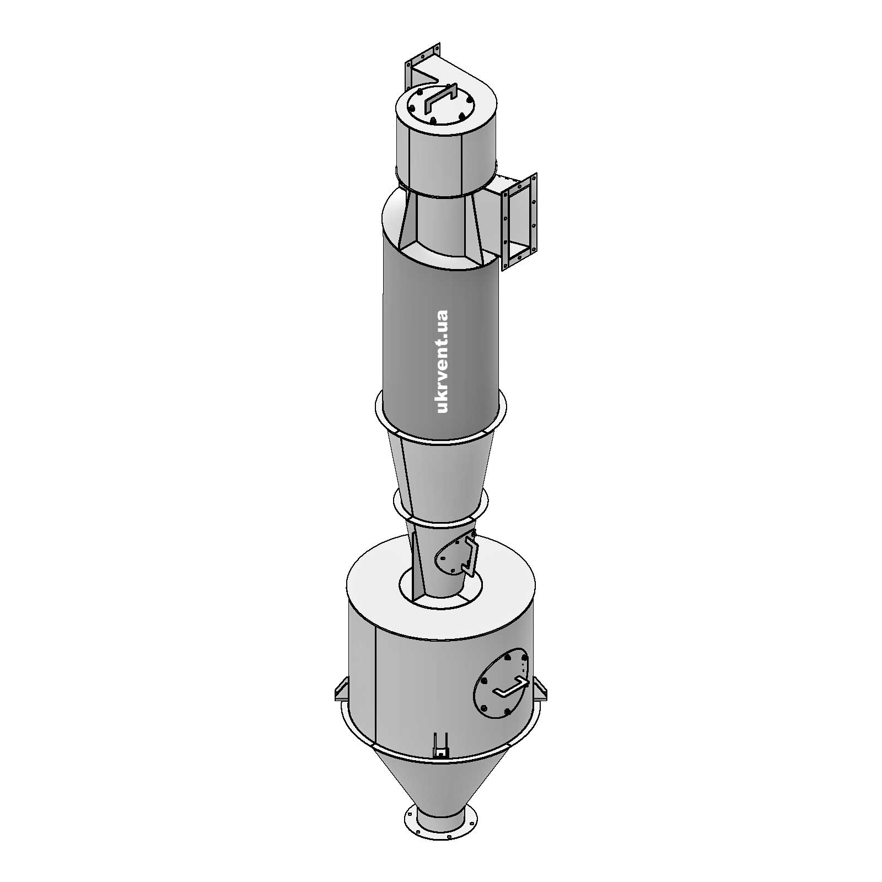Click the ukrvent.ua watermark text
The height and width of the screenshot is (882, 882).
coord(442,361)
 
